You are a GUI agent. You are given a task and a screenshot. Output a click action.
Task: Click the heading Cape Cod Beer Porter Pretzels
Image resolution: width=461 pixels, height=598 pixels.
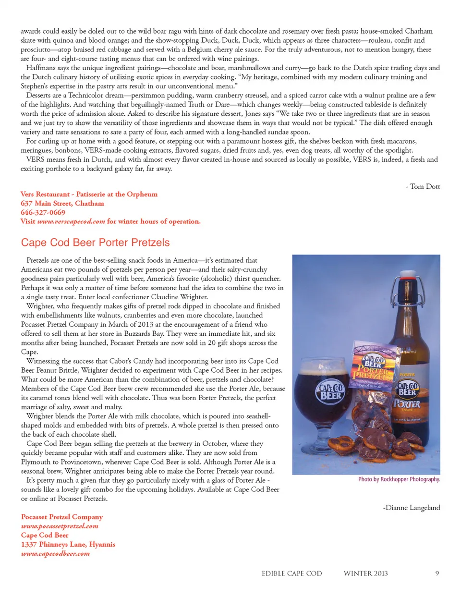pos(95,243)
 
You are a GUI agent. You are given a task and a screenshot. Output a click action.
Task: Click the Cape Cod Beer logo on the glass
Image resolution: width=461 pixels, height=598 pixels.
pos(331,391)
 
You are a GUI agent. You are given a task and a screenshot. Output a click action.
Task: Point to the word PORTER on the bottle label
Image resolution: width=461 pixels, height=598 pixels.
pos(407,404)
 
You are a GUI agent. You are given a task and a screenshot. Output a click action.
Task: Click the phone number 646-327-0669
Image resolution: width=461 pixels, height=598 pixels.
pos(43,212)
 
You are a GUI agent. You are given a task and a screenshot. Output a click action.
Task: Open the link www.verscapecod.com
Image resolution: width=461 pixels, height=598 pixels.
pos(71,221)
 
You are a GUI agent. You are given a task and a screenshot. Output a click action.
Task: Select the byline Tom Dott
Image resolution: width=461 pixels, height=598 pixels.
pos(423,186)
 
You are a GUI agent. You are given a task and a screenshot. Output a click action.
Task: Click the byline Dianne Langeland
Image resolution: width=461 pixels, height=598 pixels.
pos(412,508)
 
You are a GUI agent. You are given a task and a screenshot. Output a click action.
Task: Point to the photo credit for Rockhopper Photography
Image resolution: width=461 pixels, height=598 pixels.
pos(399,479)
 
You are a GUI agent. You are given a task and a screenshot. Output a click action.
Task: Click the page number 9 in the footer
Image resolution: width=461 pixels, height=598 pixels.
pos(437,573)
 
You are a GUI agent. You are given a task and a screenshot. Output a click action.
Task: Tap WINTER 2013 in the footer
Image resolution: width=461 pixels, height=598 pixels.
pos(365,573)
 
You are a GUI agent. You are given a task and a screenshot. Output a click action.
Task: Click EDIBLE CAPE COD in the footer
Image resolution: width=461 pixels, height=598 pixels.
pos(291,573)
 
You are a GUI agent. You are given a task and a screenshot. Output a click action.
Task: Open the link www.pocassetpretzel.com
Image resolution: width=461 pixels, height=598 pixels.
pos(60,526)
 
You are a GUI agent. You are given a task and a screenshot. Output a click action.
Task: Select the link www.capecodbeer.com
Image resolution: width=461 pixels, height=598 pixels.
pos(55,553)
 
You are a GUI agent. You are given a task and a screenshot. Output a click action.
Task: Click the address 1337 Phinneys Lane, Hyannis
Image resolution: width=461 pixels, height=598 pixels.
pos(68,544)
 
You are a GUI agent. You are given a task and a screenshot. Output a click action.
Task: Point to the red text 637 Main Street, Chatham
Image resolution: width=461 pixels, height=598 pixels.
pos(62,203)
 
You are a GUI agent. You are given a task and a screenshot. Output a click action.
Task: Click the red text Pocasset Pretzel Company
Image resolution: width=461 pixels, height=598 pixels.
pos(62,517)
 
